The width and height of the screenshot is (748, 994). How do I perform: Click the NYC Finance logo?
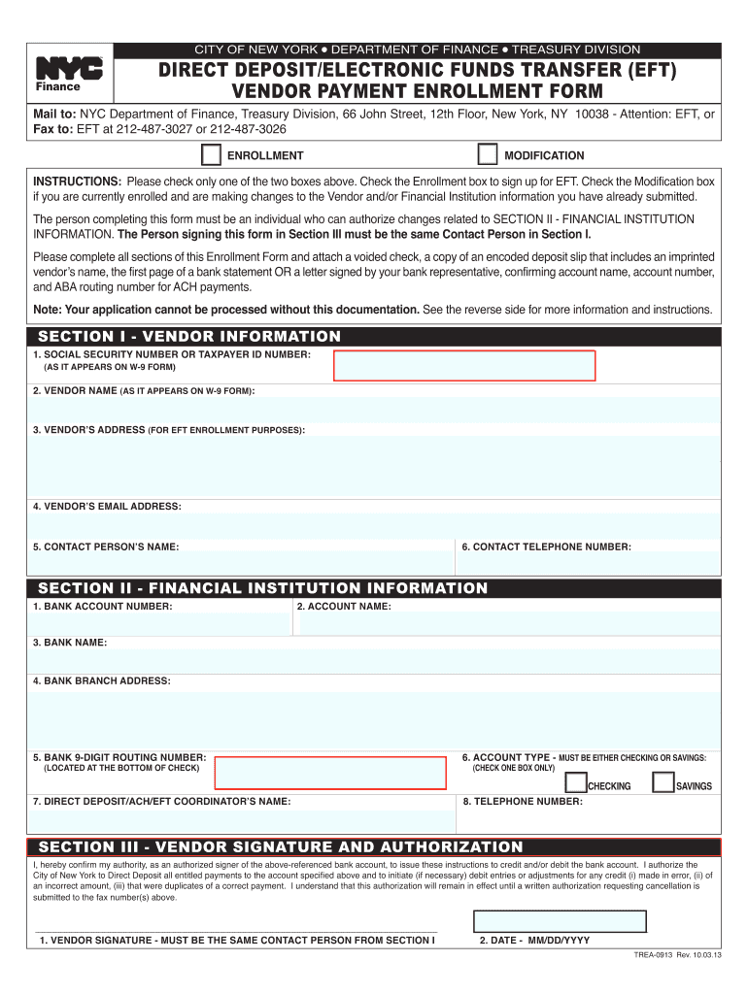click(x=68, y=73)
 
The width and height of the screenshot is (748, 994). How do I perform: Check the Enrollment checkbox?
click(x=210, y=155)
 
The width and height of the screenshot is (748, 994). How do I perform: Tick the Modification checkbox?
click(x=488, y=155)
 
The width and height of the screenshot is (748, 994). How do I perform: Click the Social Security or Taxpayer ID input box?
click(x=464, y=365)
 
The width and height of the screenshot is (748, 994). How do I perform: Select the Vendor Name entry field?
click(x=374, y=410)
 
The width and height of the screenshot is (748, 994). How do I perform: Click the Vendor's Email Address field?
click(x=374, y=526)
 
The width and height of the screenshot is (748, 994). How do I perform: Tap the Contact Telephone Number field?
click(x=589, y=564)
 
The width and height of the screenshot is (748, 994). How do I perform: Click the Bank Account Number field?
click(x=160, y=622)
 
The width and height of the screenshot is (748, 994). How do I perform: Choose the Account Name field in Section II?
click(x=508, y=622)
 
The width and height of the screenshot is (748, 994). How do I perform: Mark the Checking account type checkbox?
click(x=576, y=783)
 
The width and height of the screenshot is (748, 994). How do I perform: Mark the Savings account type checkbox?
click(x=663, y=783)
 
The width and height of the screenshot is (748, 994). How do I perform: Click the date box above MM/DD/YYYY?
click(x=560, y=922)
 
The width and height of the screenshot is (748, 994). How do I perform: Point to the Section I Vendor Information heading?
click(x=189, y=337)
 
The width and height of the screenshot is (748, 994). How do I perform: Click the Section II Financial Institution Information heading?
click(x=262, y=588)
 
